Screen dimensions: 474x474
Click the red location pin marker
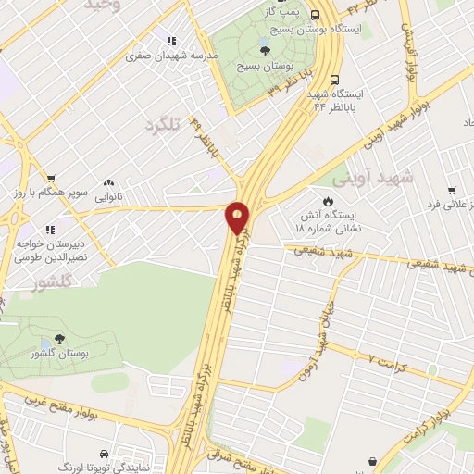click(238, 218)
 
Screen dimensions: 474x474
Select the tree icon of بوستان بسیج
click(266, 51)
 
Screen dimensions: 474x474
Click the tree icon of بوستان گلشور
click(60, 339)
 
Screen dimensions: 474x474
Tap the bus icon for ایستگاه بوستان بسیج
click(316, 15)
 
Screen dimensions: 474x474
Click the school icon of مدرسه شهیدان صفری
click(171, 41)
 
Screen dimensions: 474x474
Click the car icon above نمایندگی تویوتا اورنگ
click(101, 455)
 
